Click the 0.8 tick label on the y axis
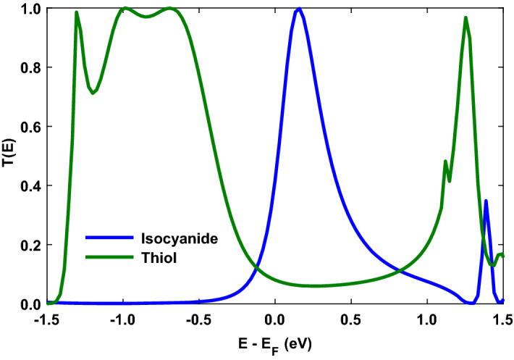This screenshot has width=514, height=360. click(31, 67)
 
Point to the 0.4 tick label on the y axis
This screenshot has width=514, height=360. click(31, 186)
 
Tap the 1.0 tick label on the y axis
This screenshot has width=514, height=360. click(31, 9)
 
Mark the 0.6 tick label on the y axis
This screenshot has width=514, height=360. click(31, 127)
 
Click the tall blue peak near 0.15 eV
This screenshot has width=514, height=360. click(298, 9)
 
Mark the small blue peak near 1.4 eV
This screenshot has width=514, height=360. click(486, 201)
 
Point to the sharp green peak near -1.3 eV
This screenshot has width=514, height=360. click(77, 12)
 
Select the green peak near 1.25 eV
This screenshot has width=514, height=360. click(465, 17)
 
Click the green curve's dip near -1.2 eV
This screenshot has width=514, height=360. click(93, 93)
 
